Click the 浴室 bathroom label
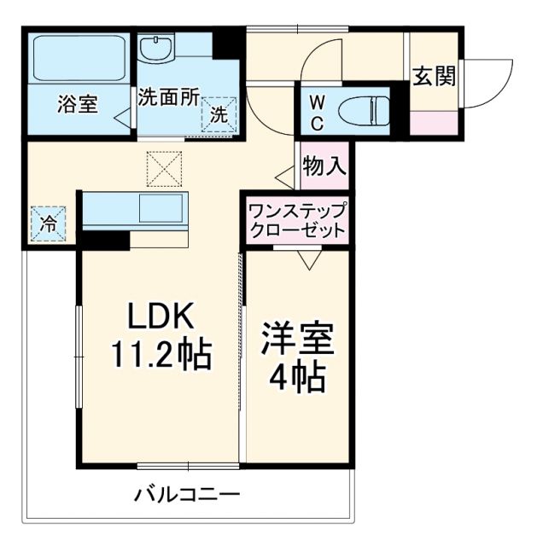point(78,104)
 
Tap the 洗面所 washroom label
point(168,97)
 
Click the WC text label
point(316,112)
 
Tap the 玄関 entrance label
point(435,77)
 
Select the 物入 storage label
point(324,166)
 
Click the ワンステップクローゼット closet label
point(297,220)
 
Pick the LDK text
point(162,317)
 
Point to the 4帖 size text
point(298,375)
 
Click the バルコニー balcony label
point(186,495)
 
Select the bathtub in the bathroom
point(78,60)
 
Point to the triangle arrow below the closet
point(308,259)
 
